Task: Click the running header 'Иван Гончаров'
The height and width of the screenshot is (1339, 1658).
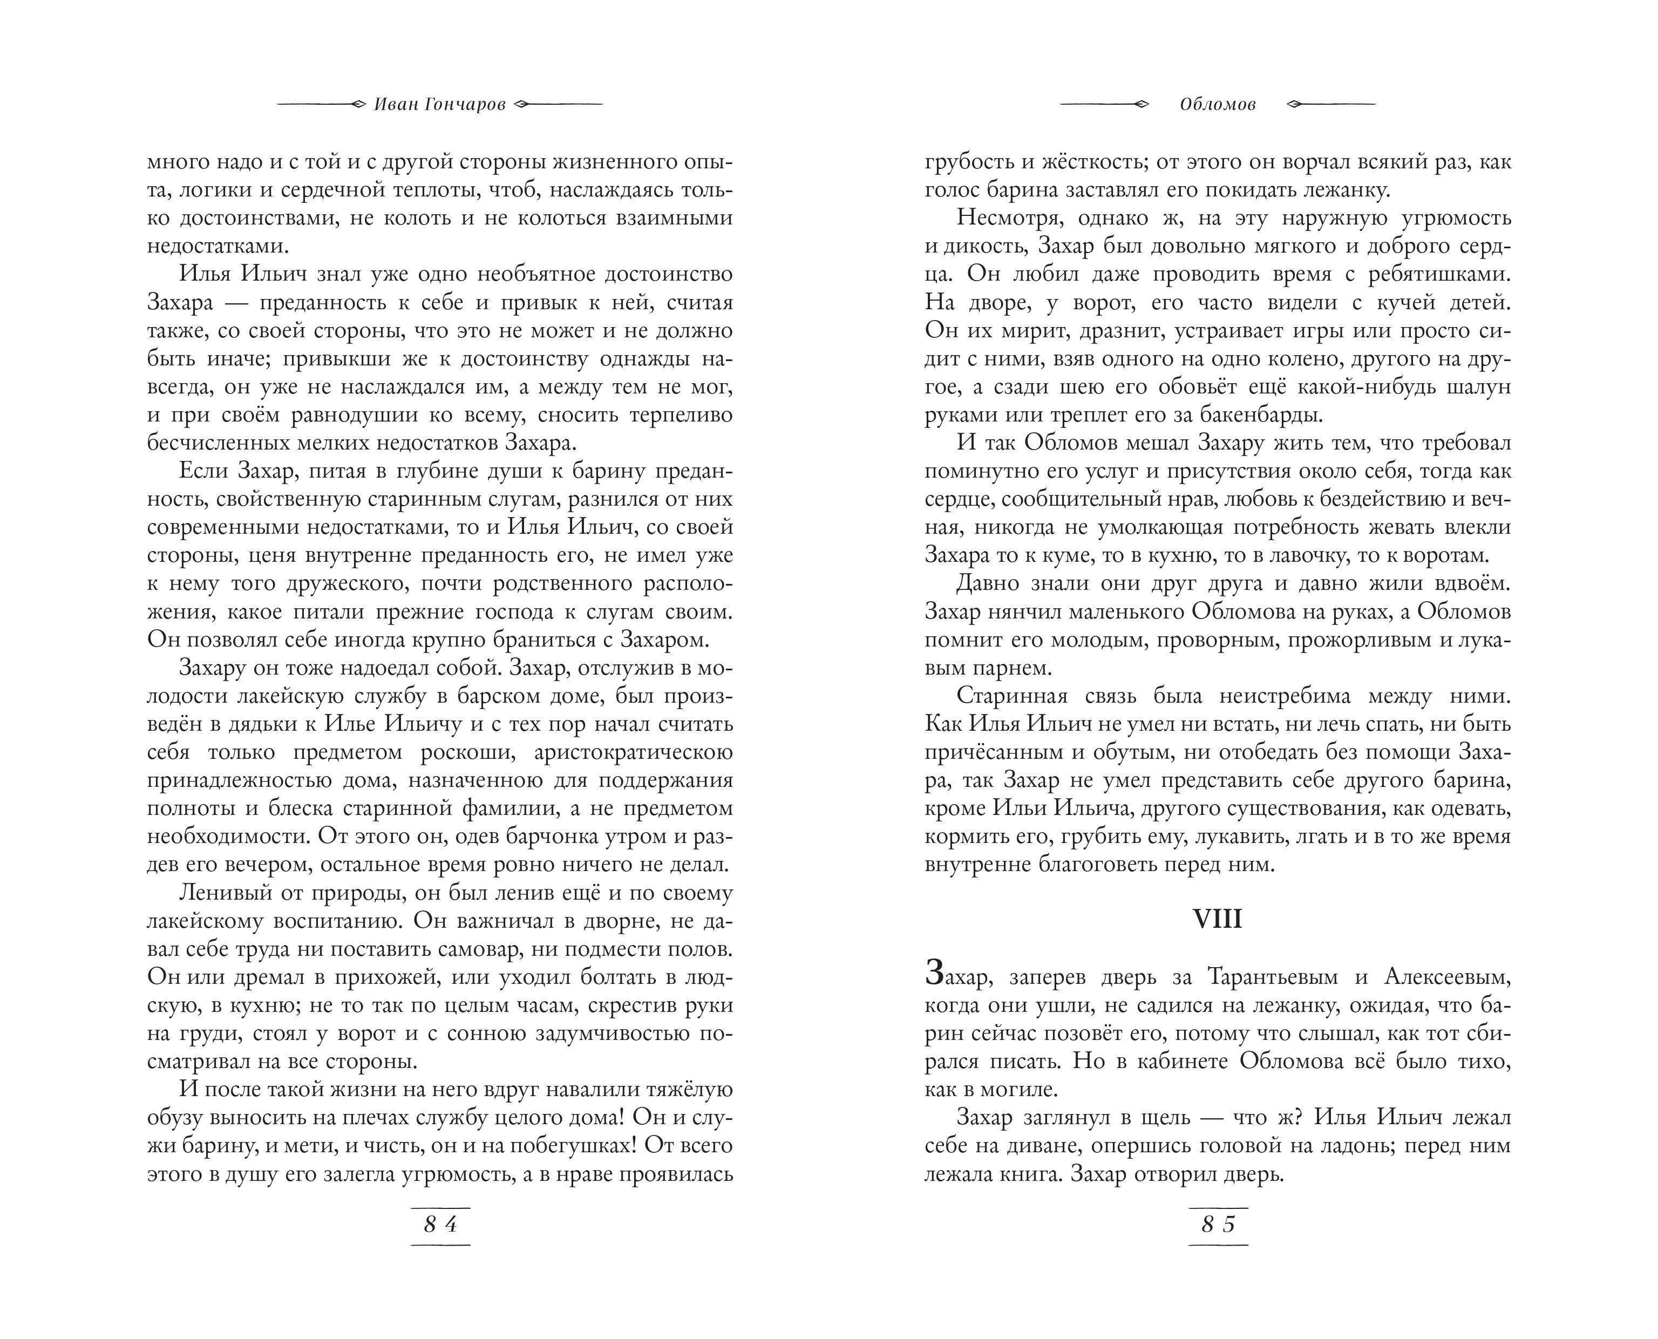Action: [439, 105]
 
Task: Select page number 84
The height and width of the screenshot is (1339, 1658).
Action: [440, 1224]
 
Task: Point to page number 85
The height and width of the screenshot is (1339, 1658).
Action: [1219, 1224]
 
